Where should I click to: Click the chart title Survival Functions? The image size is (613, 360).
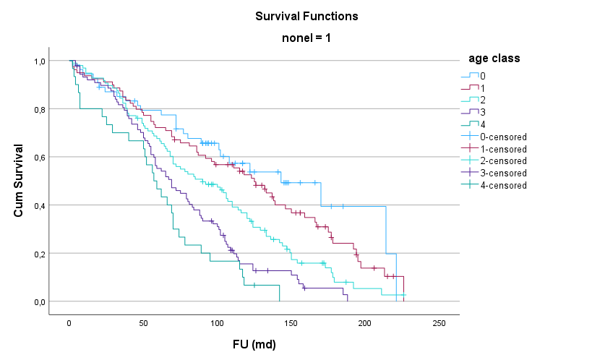point(306,16)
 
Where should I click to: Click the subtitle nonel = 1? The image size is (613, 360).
point(306,38)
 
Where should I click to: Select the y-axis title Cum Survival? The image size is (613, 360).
point(18,181)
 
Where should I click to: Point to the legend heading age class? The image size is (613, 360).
point(494,59)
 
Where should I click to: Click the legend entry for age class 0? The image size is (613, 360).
point(473,76)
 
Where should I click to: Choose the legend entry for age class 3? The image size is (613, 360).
point(473,112)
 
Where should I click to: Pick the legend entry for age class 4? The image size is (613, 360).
point(473,124)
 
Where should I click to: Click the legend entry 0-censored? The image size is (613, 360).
point(494,137)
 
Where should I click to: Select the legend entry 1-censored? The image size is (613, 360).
point(494,149)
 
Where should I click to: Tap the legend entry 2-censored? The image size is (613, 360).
point(494,160)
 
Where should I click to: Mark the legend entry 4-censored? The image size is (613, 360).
point(494,185)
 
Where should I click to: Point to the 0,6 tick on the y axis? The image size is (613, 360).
point(40,158)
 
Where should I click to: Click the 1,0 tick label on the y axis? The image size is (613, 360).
point(40,61)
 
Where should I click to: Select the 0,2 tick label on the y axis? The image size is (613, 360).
point(40,254)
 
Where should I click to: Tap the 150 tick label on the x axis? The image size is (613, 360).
point(291,323)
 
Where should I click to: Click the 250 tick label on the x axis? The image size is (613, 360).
point(439,323)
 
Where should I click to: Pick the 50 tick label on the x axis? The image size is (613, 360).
point(143,323)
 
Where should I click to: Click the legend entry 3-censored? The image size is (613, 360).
point(494,173)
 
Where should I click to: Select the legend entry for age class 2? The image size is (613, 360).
point(473,100)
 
